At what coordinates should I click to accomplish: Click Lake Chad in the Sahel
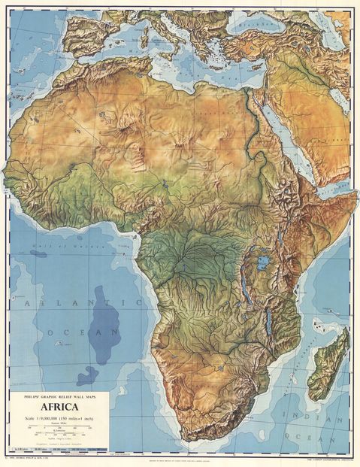click(x=163, y=183)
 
